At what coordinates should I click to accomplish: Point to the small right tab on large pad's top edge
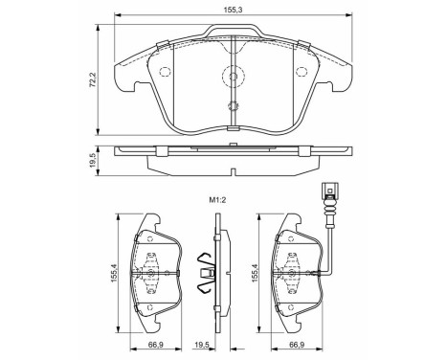point(303,45)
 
